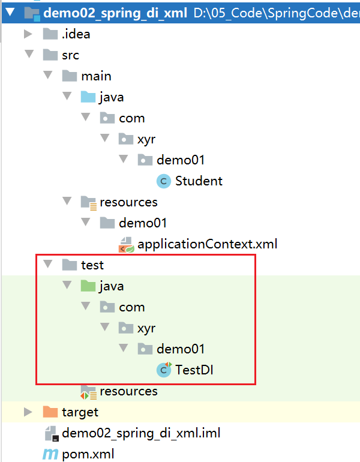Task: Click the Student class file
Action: (199, 181)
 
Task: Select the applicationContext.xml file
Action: (207, 244)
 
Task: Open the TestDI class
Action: (194, 370)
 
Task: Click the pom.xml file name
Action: (88, 454)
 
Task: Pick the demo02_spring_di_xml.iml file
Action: (141, 433)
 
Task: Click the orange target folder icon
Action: (50, 412)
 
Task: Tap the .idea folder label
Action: (76, 34)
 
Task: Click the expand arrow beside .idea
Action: (28, 34)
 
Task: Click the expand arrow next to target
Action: (28, 412)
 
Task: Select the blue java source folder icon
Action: (88, 97)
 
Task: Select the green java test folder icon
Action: (88, 286)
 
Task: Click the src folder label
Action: (70, 55)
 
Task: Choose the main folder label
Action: (97, 76)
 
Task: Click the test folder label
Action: (92, 265)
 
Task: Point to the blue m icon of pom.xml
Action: (50, 454)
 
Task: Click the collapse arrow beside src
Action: (29, 54)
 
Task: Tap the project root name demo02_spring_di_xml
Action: (115, 13)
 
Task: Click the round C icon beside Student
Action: (164, 181)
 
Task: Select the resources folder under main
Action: (128, 202)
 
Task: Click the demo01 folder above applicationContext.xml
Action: (143, 223)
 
